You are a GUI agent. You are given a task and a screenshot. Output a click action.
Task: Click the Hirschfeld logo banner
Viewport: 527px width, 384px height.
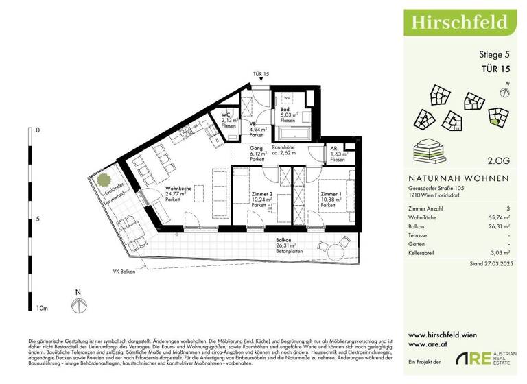(460, 21)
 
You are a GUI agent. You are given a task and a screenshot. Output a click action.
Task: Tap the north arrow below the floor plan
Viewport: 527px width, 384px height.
(79, 302)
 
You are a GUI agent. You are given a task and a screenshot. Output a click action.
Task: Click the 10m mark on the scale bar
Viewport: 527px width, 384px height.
(43, 309)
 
